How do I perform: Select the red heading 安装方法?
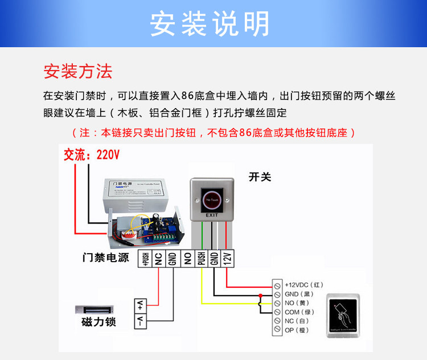(x=78, y=72)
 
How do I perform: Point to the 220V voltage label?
(x=108, y=155)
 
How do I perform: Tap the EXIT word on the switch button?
(x=212, y=216)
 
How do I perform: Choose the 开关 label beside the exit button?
(x=260, y=177)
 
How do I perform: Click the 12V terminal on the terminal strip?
(x=228, y=259)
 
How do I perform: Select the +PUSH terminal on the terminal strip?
(x=145, y=259)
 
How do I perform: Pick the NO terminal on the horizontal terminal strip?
(x=187, y=259)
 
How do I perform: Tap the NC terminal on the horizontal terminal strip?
(x=159, y=259)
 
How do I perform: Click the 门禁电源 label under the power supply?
(x=106, y=258)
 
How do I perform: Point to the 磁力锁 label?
(x=98, y=322)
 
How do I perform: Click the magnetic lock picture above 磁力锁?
(x=97, y=311)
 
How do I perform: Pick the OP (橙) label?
(x=297, y=330)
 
